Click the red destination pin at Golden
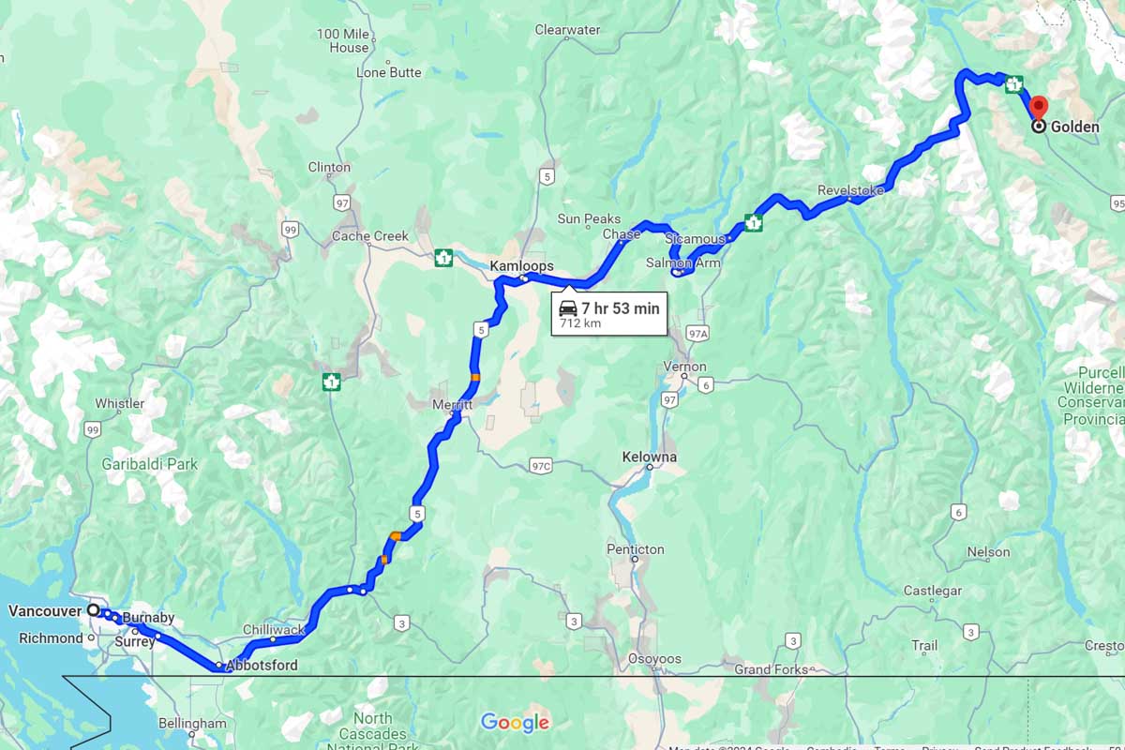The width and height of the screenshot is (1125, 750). pos(1039,106)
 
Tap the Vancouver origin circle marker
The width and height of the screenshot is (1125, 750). pos(94,609)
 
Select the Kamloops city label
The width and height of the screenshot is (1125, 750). pos(521,266)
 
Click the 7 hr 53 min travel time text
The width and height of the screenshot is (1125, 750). pos(620,308)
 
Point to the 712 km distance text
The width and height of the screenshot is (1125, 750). pos(580,323)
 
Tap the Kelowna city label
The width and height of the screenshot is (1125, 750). pos(649,457)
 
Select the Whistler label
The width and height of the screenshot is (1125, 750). pos(120,404)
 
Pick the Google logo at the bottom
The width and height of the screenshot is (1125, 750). pos(515,722)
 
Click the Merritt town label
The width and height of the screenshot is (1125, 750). pos(453,404)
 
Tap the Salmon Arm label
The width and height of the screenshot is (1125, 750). pos(683,263)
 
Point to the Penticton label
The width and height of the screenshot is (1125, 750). pos(635,549)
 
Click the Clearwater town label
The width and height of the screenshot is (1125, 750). pos(567,30)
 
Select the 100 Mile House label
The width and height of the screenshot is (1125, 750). pos(343,40)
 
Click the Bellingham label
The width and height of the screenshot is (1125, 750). pos(192,724)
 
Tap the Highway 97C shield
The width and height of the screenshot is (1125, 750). pos(541,466)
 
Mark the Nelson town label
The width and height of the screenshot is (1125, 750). pos(988,552)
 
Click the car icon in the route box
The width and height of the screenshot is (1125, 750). pos(568,308)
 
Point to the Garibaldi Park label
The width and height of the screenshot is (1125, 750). pos(150,463)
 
